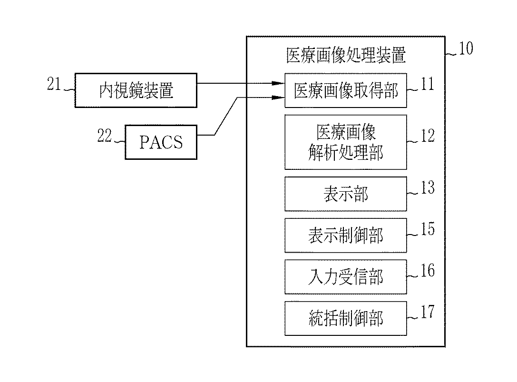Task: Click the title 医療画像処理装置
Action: point(346,55)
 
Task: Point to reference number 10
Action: point(466,48)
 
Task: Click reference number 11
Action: point(427,84)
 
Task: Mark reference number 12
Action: point(427,136)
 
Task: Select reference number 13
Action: point(427,188)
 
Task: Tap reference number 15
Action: point(427,229)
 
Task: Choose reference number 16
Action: point(427,271)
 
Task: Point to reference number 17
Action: point(427,312)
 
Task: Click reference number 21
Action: point(54,84)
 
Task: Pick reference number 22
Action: point(104,136)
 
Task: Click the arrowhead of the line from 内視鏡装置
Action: point(279,83)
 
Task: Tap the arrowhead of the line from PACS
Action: point(279,98)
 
